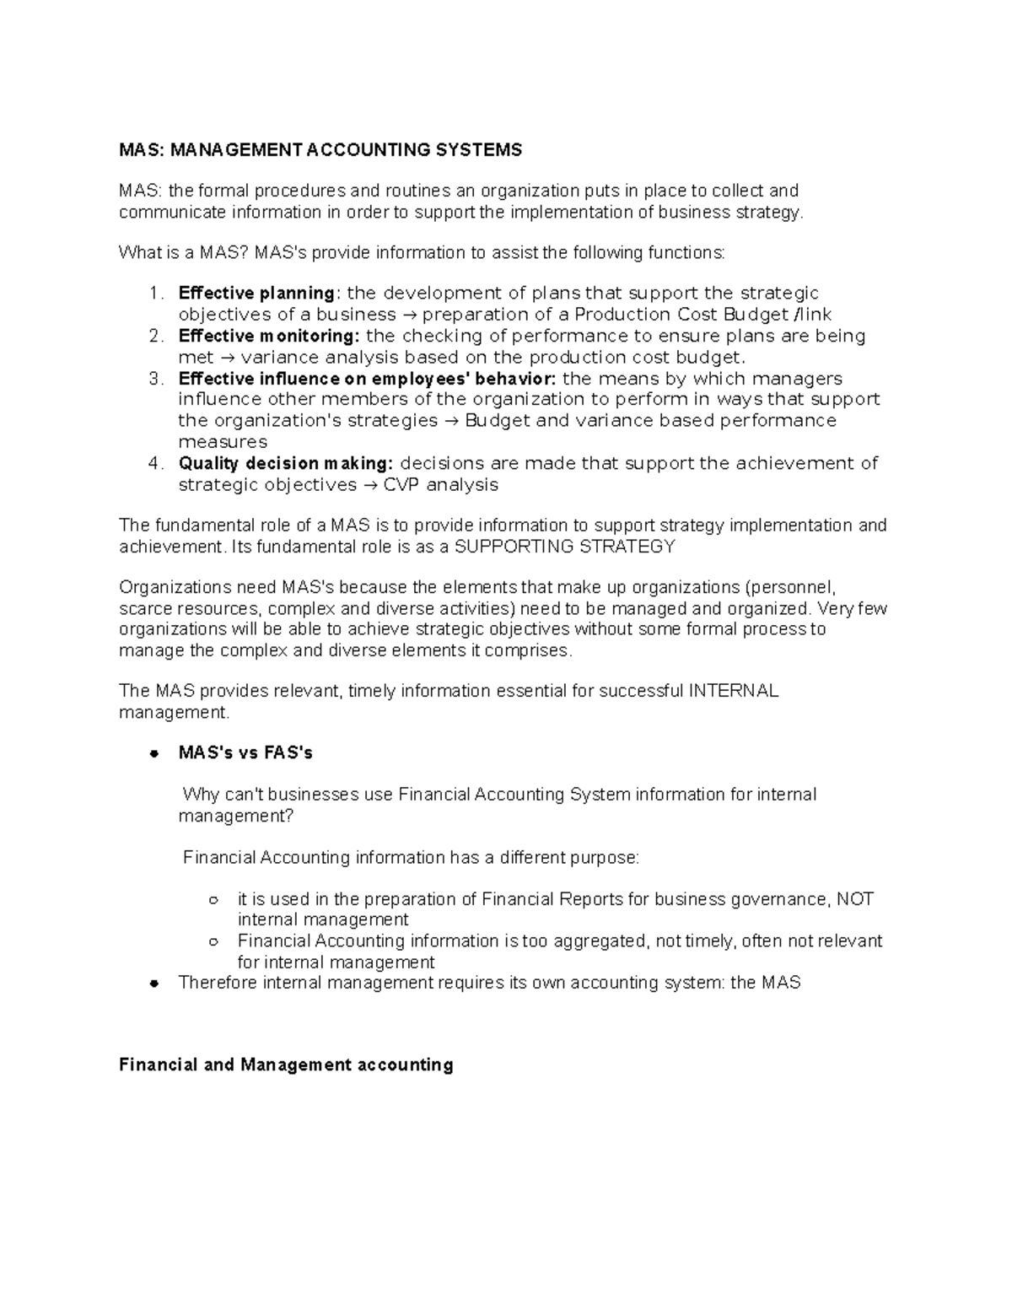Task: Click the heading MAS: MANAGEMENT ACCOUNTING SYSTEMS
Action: [x=320, y=150]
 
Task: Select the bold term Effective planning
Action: [x=256, y=294]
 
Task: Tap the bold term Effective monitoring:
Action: [x=269, y=336]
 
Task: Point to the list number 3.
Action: [x=153, y=379]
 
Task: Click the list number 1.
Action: [x=153, y=294]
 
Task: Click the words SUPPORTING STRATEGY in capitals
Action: [x=564, y=547]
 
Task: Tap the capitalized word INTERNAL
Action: [x=733, y=691]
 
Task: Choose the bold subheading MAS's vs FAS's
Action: [x=245, y=752]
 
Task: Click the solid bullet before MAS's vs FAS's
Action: [x=153, y=753]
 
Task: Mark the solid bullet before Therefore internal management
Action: [x=153, y=984]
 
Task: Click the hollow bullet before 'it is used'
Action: [x=213, y=900]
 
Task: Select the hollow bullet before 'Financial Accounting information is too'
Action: [x=213, y=941]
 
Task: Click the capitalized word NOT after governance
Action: [x=854, y=899]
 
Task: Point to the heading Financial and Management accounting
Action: [x=286, y=1065]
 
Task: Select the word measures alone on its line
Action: [x=223, y=442]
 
